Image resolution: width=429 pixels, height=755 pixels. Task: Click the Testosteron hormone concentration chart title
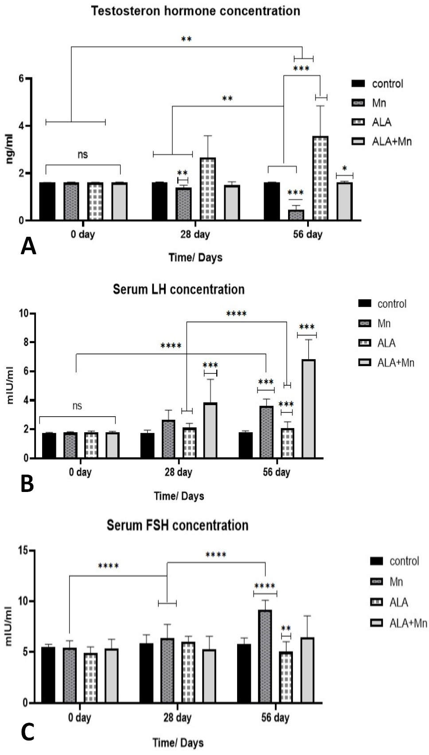click(195, 11)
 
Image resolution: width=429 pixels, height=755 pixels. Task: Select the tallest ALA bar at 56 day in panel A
click(320, 178)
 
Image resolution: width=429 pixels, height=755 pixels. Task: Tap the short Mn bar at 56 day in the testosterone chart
click(296, 215)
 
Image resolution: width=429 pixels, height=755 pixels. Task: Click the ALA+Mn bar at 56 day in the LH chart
click(308, 409)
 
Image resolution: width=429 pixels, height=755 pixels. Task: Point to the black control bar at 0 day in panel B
click(49, 445)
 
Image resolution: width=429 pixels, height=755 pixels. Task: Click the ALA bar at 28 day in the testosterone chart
click(208, 189)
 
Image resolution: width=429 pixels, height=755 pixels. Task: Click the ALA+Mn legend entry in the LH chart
click(386, 363)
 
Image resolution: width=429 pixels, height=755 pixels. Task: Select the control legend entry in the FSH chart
click(394, 561)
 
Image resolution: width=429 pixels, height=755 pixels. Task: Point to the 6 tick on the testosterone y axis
click(22, 78)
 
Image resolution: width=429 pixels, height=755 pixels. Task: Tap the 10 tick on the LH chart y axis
click(23, 314)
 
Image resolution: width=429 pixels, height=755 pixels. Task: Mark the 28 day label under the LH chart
click(179, 472)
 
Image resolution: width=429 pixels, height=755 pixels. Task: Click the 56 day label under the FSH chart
click(275, 717)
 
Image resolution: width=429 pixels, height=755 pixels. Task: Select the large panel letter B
click(27, 484)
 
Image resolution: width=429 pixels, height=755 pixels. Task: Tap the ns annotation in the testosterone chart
click(82, 155)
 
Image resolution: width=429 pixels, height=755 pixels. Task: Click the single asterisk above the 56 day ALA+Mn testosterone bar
click(344, 169)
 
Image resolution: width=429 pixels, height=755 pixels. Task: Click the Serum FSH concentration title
click(178, 526)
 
